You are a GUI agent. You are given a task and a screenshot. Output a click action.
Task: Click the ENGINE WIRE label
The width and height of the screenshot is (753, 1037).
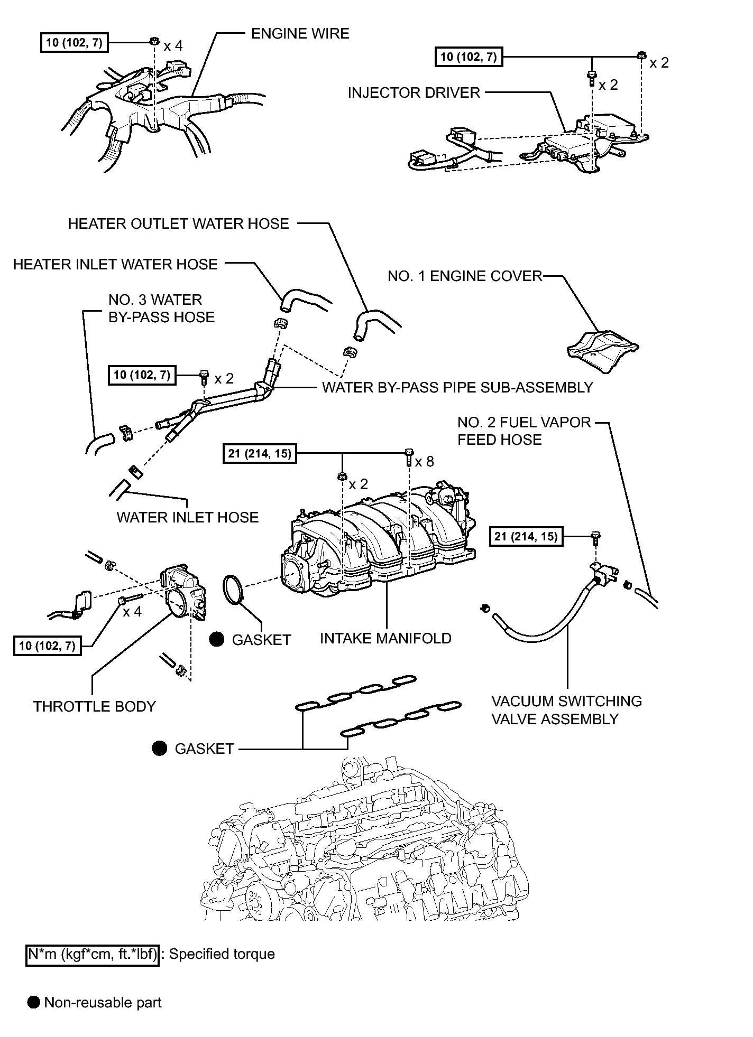click(x=300, y=34)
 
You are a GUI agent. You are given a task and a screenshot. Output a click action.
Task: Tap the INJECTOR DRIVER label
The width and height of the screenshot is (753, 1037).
click(x=414, y=93)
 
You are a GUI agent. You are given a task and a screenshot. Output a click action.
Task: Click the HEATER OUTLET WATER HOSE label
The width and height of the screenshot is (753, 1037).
click(x=179, y=224)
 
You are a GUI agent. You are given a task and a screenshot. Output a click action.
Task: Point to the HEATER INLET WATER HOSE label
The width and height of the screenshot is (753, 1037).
click(x=115, y=265)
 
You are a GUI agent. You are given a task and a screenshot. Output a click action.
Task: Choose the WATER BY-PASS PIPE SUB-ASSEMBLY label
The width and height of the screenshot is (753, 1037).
click(x=457, y=388)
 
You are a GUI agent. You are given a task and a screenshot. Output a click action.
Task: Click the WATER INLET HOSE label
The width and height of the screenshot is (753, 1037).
click(x=188, y=517)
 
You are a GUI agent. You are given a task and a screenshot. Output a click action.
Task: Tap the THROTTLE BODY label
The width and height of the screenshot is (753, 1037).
click(x=95, y=707)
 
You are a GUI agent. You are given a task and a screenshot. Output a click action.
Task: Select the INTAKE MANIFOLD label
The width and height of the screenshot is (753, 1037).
click(x=385, y=639)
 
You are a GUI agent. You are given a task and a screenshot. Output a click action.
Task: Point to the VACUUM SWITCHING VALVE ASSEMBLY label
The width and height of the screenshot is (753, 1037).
click(x=566, y=710)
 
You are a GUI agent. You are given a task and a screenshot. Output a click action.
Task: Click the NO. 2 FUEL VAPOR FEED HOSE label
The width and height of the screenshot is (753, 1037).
click(x=524, y=431)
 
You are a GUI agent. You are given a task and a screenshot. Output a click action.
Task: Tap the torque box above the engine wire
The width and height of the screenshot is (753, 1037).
click(x=74, y=42)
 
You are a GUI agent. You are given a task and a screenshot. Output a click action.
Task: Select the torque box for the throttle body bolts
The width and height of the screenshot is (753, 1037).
click(x=48, y=646)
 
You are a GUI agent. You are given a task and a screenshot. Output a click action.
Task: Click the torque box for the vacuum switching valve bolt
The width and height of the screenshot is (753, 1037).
click(x=526, y=537)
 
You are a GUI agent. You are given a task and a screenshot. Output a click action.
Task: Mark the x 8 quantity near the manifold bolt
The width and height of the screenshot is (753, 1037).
click(x=424, y=462)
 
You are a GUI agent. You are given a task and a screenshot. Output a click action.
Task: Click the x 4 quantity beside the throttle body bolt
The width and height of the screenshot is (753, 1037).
click(x=132, y=612)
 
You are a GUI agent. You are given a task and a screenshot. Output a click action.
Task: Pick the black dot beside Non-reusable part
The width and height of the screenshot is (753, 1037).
click(x=34, y=1003)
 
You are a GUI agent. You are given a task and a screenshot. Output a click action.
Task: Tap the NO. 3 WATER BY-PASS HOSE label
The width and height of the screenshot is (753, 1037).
click(x=162, y=309)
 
